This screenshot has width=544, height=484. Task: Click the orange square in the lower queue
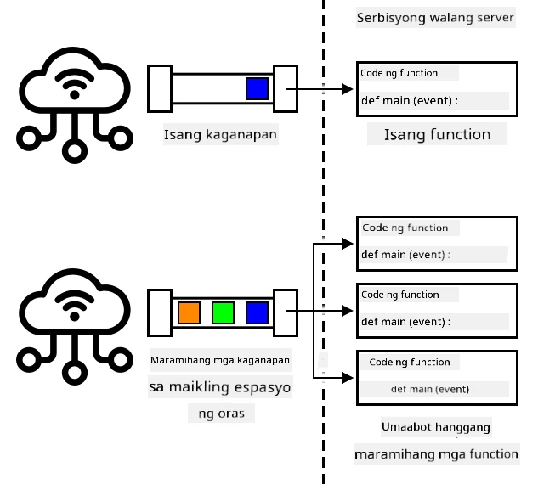point(189,312)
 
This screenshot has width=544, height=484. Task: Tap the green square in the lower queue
point(223,312)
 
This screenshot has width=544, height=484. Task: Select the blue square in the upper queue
point(257,89)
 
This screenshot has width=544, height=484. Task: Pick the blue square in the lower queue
point(257,312)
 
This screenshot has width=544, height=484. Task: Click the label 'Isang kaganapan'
point(220,134)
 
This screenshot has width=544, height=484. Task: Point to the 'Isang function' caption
point(437,134)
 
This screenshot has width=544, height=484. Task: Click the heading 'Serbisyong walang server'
point(435,18)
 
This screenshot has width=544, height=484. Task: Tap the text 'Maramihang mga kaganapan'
point(220,360)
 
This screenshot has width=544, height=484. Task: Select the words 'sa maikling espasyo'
point(220,387)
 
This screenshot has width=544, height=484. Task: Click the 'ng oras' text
point(221,414)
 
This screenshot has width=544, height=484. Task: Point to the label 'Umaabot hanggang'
point(436,427)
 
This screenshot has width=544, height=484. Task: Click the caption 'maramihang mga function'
point(436,454)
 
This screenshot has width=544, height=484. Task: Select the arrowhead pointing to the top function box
point(348,89)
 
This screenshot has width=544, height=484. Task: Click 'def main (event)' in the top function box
point(406,101)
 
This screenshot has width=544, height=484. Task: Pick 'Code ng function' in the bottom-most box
point(410,363)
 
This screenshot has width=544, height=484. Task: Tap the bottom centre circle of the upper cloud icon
point(75,151)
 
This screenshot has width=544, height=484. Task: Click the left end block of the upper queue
point(160,89)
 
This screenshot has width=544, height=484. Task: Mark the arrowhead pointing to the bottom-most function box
point(348,378)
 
